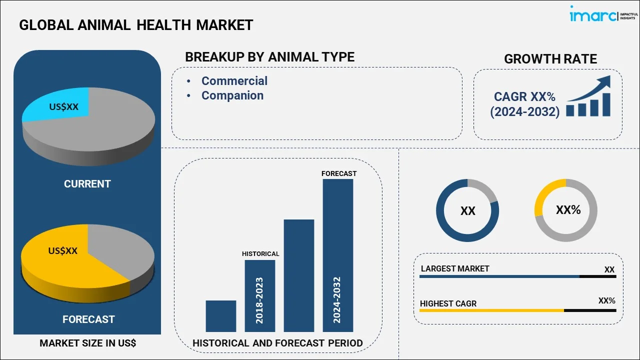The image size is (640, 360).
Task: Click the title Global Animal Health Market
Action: point(136,25)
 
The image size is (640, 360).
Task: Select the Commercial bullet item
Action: point(234,81)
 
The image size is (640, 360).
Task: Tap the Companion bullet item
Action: point(232,95)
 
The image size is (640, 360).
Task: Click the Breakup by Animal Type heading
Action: point(269,57)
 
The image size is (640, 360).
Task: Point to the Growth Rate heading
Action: point(550,59)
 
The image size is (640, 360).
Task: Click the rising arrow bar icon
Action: point(588,97)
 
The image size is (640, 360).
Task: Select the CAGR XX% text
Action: point(524,97)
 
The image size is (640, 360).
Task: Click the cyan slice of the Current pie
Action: point(57,106)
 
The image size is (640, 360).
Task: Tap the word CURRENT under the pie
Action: point(87,184)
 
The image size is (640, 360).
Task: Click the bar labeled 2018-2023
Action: point(259,295)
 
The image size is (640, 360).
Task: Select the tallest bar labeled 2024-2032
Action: point(337,255)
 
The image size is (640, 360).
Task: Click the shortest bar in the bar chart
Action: point(220,315)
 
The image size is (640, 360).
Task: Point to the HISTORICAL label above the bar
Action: point(260,254)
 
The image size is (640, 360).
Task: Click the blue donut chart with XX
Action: point(467,210)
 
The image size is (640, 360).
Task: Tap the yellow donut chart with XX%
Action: point(566,210)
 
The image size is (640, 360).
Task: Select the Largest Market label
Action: point(455,269)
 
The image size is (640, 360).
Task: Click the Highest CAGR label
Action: point(448,303)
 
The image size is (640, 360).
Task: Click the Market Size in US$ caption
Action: point(87,343)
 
